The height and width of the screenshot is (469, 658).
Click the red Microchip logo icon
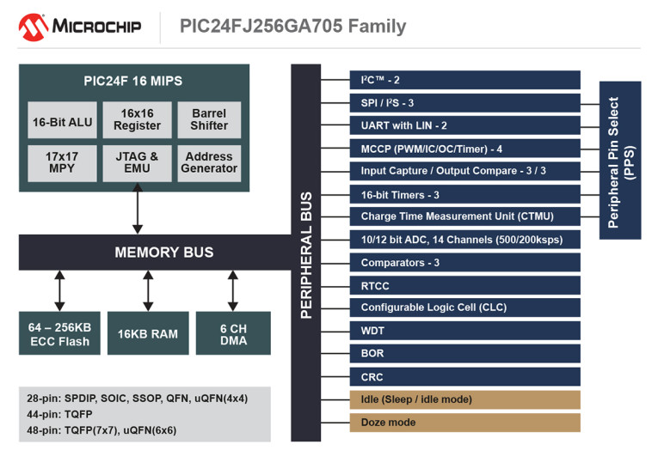point(34,27)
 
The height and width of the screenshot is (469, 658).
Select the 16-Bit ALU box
point(62,120)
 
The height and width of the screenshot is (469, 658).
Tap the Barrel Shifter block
point(209,120)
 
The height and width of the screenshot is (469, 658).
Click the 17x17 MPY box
point(62,163)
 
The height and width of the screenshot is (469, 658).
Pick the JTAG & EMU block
point(138,163)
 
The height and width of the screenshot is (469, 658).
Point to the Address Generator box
point(209,163)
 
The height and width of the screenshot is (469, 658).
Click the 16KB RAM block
point(148,333)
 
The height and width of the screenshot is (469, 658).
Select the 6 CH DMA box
point(233,333)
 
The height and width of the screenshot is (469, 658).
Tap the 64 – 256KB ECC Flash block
point(59,333)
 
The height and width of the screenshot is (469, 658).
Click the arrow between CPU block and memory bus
point(138,209)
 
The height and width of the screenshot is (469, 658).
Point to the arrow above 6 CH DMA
point(233,291)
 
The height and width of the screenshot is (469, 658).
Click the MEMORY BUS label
point(164,253)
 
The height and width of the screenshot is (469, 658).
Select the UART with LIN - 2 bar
point(465,125)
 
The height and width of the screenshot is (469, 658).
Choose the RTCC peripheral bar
point(465,286)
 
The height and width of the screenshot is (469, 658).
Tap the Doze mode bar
point(465,423)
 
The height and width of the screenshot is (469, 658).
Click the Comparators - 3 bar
point(465,263)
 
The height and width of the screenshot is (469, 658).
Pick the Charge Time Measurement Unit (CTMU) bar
point(465,216)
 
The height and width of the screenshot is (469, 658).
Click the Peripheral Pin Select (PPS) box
point(620,161)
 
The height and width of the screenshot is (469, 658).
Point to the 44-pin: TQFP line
point(59,414)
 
